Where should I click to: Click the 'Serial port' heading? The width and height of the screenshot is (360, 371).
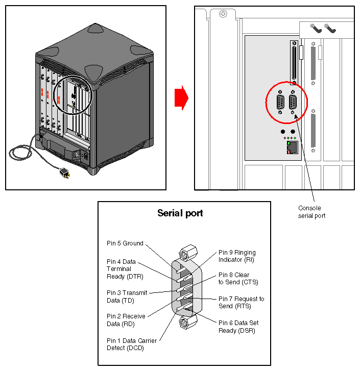click(180, 213)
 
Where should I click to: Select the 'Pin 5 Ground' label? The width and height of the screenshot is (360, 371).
click(125, 243)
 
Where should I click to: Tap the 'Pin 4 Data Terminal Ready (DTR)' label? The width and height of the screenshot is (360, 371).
click(125, 269)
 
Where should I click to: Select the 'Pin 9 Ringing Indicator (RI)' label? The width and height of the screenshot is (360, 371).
click(237, 256)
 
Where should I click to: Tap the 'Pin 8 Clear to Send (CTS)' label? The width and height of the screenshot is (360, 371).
click(234, 278)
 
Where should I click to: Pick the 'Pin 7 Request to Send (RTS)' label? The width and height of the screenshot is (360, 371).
click(241, 302)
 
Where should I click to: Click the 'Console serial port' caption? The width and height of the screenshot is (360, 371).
click(311, 212)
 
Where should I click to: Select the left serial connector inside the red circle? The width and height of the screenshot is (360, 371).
click(280, 104)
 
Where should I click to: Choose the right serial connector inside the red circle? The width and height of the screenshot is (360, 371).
click(293, 104)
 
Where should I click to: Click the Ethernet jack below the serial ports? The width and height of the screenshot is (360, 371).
click(291, 147)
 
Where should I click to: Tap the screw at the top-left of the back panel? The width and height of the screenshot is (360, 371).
click(222, 14)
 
